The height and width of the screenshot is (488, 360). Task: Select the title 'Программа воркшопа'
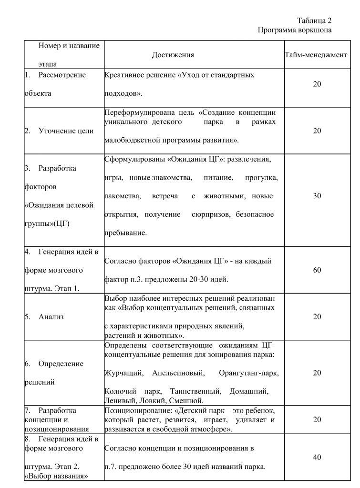point(294,30)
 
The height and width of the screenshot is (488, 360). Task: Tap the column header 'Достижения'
point(173,55)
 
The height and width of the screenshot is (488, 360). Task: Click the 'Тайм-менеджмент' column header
point(317,55)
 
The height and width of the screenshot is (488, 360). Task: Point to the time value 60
point(317,270)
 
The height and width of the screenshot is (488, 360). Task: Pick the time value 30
point(317,196)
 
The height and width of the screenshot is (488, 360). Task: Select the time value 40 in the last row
point(317,457)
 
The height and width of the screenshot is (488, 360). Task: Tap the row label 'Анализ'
point(51,317)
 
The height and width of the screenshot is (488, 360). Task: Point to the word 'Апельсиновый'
point(178,373)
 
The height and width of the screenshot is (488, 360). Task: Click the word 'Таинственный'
point(200,391)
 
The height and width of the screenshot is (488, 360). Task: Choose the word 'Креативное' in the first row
point(121,75)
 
